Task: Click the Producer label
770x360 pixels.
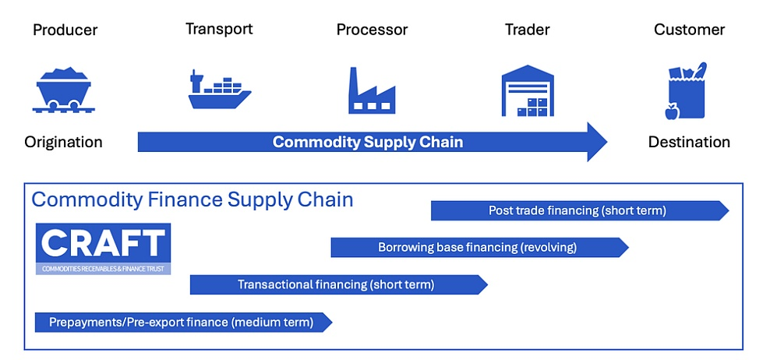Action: click(65, 30)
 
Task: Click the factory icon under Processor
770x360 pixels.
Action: click(372, 90)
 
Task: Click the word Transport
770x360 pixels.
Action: click(219, 29)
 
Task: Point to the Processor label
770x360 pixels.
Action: click(372, 30)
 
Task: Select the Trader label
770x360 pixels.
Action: click(527, 30)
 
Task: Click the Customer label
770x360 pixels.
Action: click(689, 30)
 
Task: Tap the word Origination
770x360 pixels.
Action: click(63, 142)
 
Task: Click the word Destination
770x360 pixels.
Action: click(689, 142)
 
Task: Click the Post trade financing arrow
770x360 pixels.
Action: click(577, 210)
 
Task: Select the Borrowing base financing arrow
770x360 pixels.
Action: click(478, 248)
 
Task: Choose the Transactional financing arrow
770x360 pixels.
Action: click(337, 285)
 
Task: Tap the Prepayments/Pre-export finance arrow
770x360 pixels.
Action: click(182, 322)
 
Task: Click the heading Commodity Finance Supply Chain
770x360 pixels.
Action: click(192, 199)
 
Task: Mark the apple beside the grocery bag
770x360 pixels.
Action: click(671, 113)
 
